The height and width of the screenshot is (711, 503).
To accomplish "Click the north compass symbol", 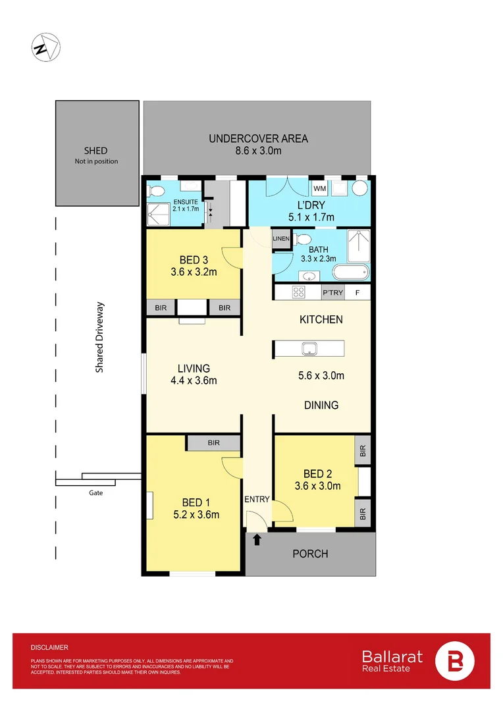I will pos(45,48).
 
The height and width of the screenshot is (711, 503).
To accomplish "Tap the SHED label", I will pos(95,151).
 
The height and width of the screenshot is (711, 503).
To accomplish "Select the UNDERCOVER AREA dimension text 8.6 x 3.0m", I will pos(258,151).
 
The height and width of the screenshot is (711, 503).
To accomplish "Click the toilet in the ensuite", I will pos(156,191).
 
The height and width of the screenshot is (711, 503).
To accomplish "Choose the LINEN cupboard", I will pos(281,238).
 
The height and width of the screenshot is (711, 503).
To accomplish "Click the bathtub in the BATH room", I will pos(352,273).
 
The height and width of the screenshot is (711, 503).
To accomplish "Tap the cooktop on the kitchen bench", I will pos(298,293).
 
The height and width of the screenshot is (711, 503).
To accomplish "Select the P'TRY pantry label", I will pos(332,293).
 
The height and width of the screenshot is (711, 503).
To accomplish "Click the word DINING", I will pos(321,406).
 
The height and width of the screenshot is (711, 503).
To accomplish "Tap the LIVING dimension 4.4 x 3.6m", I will pos(194,380).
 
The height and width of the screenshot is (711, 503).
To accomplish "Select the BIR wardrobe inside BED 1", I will pos(213,443).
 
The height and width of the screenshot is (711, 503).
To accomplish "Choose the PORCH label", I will pos(310,554).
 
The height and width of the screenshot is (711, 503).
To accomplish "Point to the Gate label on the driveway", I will pos(95,492).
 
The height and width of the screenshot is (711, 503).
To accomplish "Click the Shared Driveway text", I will pos(100,338).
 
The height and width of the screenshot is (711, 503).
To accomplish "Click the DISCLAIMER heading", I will pos(49,648).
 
